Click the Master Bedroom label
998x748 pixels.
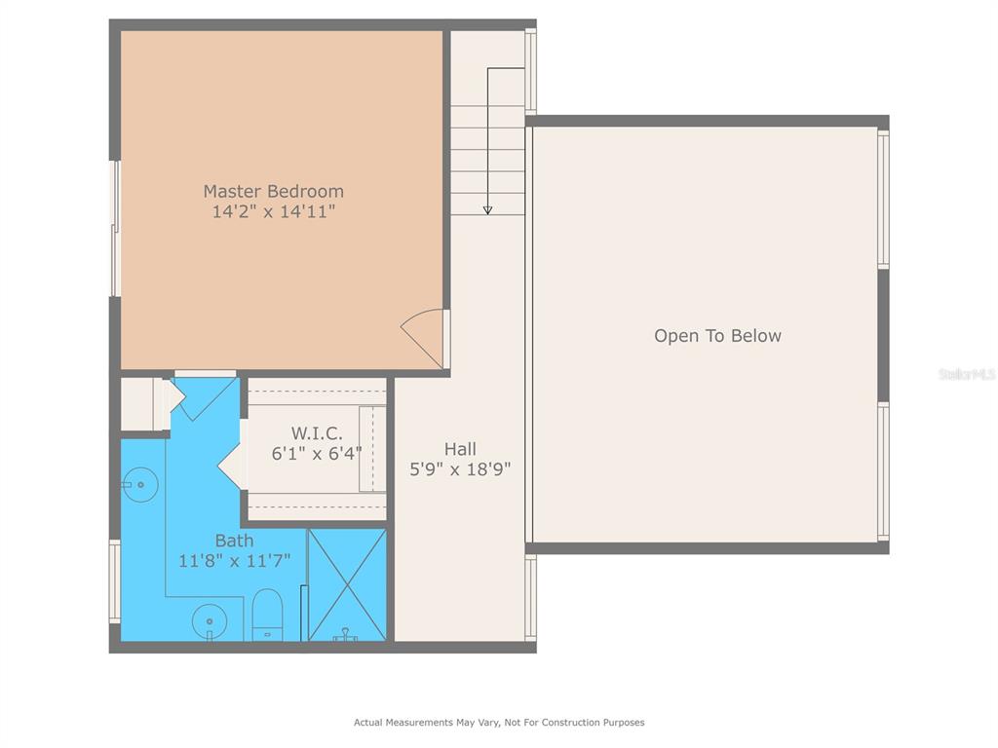click(274, 191)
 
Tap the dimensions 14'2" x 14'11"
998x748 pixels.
click(274, 211)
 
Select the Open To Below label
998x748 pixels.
click(717, 336)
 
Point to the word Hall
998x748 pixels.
click(460, 449)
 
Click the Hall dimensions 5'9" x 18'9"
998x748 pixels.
click(460, 469)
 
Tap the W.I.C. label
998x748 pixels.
click(317, 433)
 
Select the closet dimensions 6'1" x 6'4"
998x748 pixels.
click(317, 454)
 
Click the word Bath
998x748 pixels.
click(234, 541)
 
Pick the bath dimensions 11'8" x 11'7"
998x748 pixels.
click(234, 561)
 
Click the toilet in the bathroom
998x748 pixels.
click(267, 615)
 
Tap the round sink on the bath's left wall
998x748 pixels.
click(139, 485)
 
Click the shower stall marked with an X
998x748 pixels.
click(347, 585)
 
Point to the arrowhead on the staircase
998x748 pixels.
click(487, 210)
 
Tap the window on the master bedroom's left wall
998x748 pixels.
click(115, 228)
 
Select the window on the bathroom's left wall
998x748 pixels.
click(115, 581)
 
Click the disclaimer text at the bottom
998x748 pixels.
click(499, 722)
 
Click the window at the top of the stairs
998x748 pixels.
click(530, 71)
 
